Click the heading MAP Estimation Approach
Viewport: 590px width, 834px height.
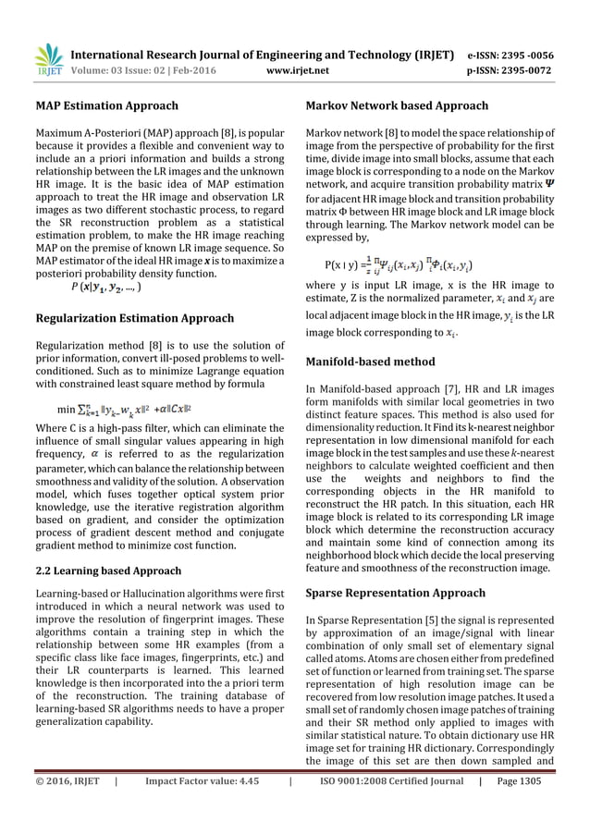107,106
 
